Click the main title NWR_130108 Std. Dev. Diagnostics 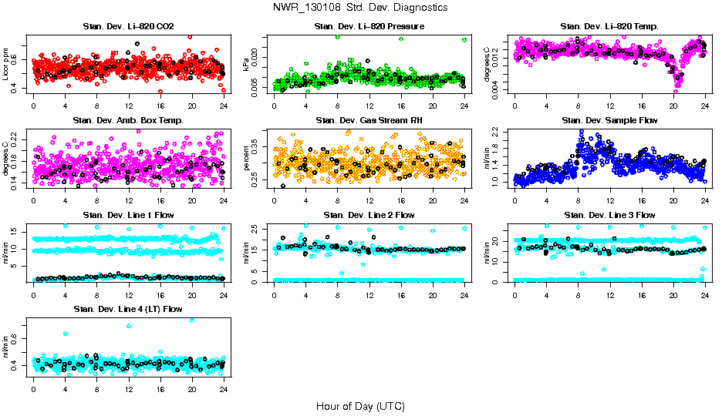coord(359,8)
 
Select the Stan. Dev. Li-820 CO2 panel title coord(128,27)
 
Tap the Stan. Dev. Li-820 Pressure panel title coord(369,27)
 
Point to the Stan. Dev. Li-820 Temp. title coord(609,27)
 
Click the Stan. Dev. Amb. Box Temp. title coord(128,121)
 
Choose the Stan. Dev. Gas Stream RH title coord(369,121)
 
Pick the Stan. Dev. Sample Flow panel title coord(609,121)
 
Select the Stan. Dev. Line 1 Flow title coord(128,215)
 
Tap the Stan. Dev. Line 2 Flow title coord(369,215)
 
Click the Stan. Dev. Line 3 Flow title coord(609,215)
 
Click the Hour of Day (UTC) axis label coord(359,406)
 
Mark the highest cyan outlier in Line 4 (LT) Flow coord(192,320)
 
